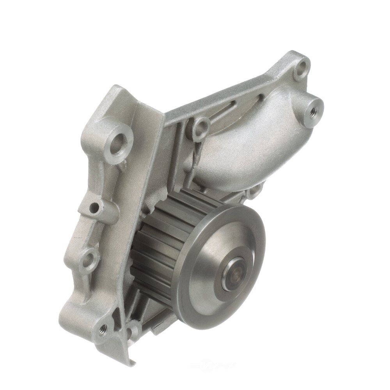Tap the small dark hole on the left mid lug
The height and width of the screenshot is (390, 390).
[x=94, y=208]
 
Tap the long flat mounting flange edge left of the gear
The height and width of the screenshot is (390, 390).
[x=148, y=175]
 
